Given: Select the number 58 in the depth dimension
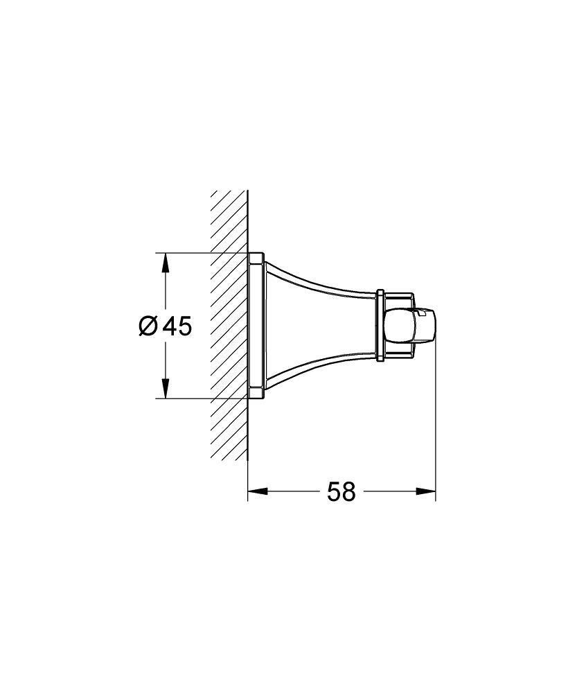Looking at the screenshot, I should click(x=341, y=492).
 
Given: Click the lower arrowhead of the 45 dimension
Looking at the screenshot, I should click(x=164, y=390).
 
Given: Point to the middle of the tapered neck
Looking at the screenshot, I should click(x=319, y=325).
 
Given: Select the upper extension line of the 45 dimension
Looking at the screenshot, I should click(x=201, y=252).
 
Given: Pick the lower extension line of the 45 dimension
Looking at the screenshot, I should click(x=201, y=398).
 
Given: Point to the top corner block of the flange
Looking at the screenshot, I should click(x=256, y=258).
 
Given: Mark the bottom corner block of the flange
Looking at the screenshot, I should click(x=256, y=393).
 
